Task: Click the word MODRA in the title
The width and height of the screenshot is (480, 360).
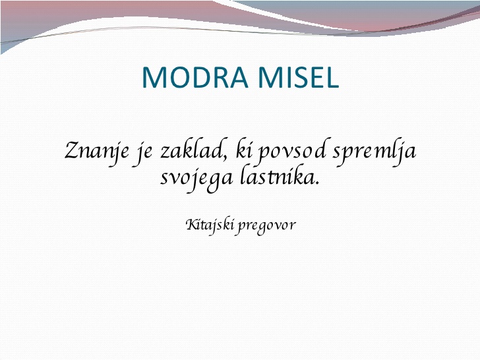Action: [x=195, y=77]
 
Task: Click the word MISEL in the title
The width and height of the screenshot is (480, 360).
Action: [x=299, y=77]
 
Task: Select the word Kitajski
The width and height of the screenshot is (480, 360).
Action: [x=210, y=226]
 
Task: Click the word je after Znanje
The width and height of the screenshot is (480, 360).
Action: [x=143, y=152]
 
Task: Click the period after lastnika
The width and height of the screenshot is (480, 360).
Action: [x=317, y=184]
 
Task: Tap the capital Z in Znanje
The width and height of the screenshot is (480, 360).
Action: [x=73, y=150]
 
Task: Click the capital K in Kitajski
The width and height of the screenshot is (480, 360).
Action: [x=191, y=225]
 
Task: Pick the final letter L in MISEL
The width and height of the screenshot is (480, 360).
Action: [x=331, y=77]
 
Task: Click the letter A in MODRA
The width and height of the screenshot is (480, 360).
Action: [x=237, y=77]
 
